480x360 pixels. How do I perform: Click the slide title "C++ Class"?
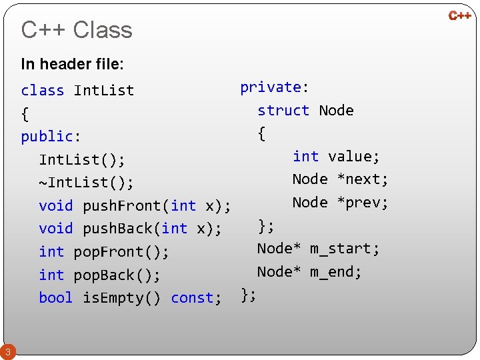pyautogui.click(x=77, y=30)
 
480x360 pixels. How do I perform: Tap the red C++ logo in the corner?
pyautogui.click(x=459, y=15)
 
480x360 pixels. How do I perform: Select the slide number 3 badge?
pyautogui.click(x=7, y=351)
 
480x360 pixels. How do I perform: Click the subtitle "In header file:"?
pyautogui.click(x=72, y=64)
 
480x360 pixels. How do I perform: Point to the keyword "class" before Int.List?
pyautogui.click(x=43, y=90)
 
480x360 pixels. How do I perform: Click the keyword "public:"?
pyautogui.click(x=51, y=136)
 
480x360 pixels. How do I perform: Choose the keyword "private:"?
pyautogui.click(x=274, y=87)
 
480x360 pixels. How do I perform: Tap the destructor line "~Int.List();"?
pyautogui.click(x=86, y=182)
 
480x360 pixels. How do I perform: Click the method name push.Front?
pyautogui.click(x=125, y=205)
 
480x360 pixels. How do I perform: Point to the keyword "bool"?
pyautogui.click(x=56, y=298)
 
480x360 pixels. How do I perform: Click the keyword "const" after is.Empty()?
pyautogui.click(x=196, y=298)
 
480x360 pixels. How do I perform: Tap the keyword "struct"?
pyautogui.click(x=283, y=110)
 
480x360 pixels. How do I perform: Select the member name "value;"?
pyautogui.click(x=354, y=156)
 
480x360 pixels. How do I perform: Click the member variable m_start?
pyautogui.click(x=345, y=249)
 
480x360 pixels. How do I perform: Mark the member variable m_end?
pyautogui.click(x=336, y=272)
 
